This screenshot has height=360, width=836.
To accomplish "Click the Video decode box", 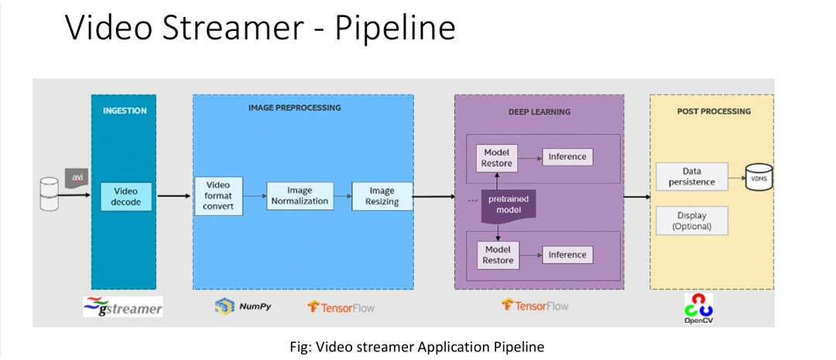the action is point(126,197).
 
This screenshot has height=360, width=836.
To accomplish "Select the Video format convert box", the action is point(218,197).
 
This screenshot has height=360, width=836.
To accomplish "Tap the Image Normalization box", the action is point(300,196).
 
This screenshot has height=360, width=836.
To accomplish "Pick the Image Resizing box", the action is point(382,197).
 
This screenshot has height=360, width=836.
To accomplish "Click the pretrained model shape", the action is point(509,206).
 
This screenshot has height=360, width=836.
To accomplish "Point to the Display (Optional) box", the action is point(691,221).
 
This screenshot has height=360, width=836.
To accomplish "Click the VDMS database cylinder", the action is point(759,177).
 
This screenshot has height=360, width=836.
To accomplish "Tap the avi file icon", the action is point(76,177).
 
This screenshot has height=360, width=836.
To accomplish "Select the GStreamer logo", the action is point(122,307).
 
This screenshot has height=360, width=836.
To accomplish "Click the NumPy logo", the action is point(242,306).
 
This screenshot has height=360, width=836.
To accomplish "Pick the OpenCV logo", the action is point(699,309).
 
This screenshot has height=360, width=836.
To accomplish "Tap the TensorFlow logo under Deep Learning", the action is point(535,306).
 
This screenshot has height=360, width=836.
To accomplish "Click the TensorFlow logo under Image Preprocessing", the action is point(341,307).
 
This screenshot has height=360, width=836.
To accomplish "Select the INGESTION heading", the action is point(125,111).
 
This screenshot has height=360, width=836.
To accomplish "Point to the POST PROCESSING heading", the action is point(714,111).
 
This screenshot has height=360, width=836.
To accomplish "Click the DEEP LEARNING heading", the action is point(540,112).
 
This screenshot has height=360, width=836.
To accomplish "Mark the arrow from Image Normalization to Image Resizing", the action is point(343,197).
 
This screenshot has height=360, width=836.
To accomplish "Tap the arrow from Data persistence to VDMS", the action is point(737,177).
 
